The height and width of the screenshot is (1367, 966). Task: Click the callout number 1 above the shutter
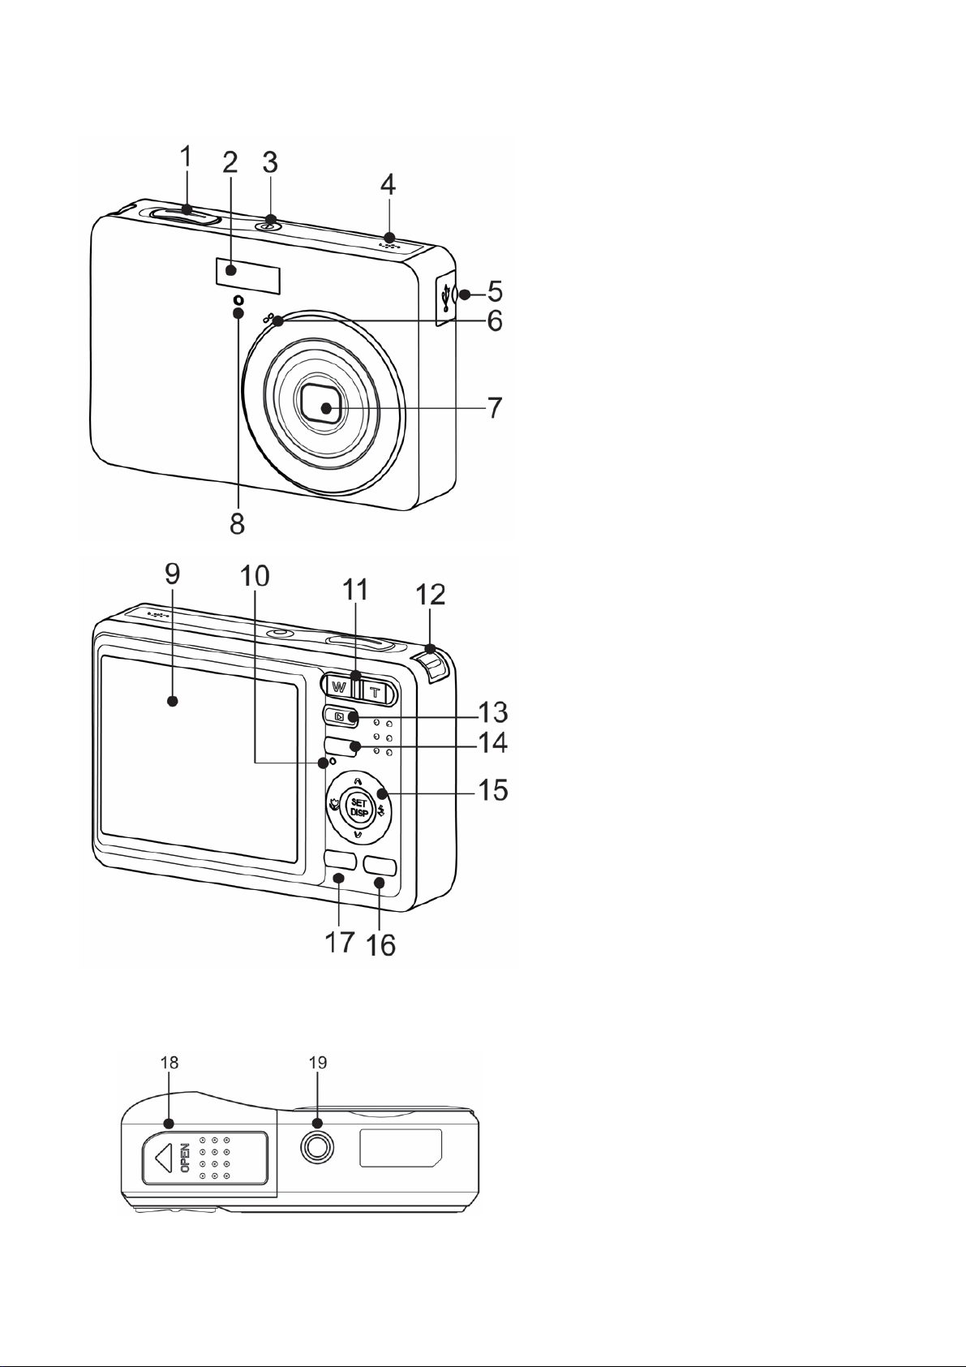pos(186,157)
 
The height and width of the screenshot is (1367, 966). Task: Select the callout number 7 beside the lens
pos(495,407)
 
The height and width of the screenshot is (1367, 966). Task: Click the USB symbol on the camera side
pos(447,297)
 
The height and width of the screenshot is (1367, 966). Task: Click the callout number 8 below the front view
pos(237,522)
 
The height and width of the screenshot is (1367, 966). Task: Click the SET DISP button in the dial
pos(358,808)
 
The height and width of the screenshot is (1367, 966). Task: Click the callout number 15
pos(492,790)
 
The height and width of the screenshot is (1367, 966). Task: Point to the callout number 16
pos(380,944)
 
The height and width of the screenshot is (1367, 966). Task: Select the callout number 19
pos(318,1063)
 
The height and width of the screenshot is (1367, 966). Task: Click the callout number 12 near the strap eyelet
pos(430,595)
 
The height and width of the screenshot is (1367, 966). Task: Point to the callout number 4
pos(388,183)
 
